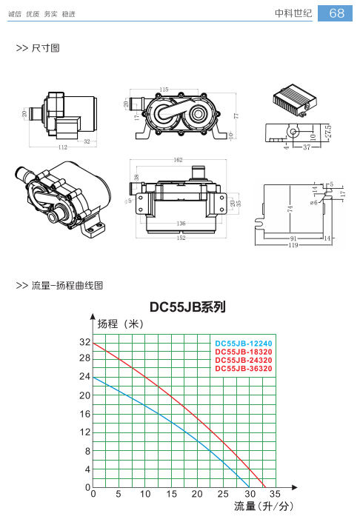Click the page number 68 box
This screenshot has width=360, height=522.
(x=335, y=13)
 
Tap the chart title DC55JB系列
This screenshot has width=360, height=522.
(x=187, y=307)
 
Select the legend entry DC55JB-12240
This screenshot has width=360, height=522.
(x=244, y=344)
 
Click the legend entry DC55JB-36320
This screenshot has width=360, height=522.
(x=244, y=369)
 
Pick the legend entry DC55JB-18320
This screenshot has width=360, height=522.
(x=244, y=352)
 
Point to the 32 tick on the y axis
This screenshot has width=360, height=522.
(x=85, y=342)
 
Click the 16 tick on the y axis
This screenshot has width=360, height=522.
(x=85, y=414)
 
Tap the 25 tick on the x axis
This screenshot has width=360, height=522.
(x=223, y=494)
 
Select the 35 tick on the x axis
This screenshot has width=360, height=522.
(x=275, y=494)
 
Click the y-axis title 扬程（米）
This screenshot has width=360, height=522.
(x=121, y=324)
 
